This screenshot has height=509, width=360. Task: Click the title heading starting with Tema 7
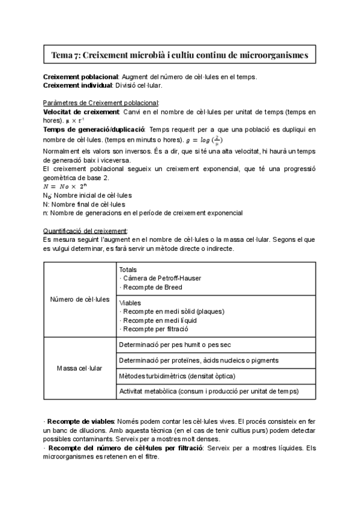179,55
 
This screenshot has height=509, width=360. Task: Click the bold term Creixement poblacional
82,77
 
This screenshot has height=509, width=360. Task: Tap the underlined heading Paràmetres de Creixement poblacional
101,103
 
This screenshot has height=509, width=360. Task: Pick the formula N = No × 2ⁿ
65,186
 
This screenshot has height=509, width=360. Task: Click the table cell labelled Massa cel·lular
79,367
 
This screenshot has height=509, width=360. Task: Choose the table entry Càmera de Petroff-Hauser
160,279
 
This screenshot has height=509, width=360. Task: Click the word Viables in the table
130,303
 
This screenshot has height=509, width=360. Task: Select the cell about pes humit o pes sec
175,345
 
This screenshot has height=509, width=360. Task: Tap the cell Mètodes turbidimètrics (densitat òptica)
177,376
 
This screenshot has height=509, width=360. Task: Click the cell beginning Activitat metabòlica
209,391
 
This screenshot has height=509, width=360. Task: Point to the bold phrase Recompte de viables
80,421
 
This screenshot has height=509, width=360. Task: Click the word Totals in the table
128,270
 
